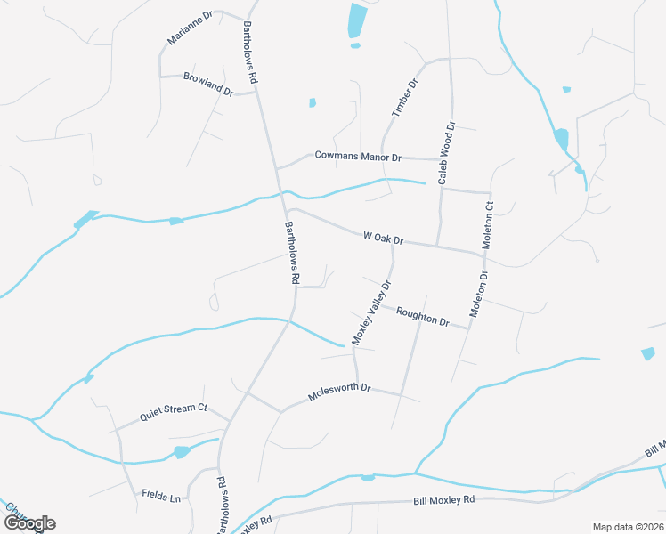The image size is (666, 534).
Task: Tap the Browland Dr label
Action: coord(208,85)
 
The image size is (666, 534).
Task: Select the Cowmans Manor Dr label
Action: coord(358,156)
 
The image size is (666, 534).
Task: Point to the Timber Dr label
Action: coord(405,99)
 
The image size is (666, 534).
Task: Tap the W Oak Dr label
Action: coord(384,239)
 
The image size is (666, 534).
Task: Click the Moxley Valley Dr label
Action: coord(372,313)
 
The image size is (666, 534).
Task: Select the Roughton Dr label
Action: coord(422,316)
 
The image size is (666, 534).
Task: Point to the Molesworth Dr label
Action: coord(338,392)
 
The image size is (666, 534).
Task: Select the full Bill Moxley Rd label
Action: coord(444,501)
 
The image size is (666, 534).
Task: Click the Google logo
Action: coord(28,522)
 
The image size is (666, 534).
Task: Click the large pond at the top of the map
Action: coord(357,20)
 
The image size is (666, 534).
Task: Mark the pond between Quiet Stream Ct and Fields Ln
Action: coord(182,452)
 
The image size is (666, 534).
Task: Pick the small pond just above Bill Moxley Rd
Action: coord(368,479)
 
